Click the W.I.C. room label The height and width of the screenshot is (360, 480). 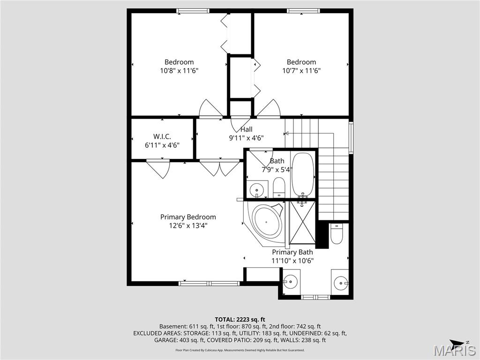(162, 136)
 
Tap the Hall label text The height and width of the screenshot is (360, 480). (246, 129)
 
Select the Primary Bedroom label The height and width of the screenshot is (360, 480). (188, 217)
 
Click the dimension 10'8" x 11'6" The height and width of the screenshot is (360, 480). (179, 71)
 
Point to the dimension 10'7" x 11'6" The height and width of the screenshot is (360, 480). (301, 71)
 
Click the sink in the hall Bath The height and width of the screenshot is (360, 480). (256, 190)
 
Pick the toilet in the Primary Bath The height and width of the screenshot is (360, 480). (337, 233)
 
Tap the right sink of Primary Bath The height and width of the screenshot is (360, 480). (340, 282)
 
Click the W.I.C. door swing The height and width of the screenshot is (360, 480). (159, 169)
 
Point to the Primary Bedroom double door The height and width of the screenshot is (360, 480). (219, 167)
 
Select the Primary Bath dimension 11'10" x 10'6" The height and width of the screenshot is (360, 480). (292, 261)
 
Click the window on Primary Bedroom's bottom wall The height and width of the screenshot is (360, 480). (209, 283)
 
